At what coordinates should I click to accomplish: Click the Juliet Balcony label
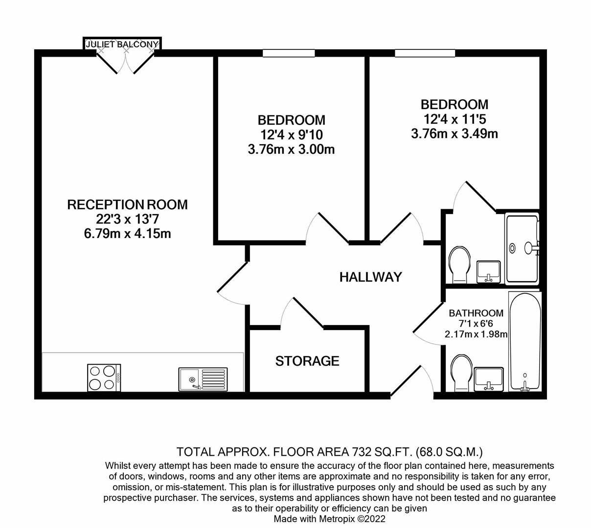pyautogui.click(x=122, y=44)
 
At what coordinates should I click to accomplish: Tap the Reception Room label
pyautogui.click(x=127, y=204)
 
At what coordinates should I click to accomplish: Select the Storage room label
pyautogui.click(x=307, y=361)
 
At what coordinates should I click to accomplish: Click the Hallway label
pyautogui.click(x=370, y=277)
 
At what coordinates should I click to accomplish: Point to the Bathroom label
pyautogui.click(x=476, y=313)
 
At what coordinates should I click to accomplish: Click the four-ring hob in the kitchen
pyautogui.click(x=104, y=377)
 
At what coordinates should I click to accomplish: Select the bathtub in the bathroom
pyautogui.click(x=525, y=342)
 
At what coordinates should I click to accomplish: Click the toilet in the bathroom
pyautogui.click(x=460, y=373)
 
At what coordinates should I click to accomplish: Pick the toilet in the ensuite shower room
pyautogui.click(x=459, y=264)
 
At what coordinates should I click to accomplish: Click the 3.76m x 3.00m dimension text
pyautogui.click(x=291, y=149)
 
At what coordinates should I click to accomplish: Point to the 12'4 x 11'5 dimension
pyautogui.click(x=455, y=119)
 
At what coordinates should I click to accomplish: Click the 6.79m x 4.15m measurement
pyautogui.click(x=127, y=233)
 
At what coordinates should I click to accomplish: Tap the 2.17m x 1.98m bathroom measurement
pyautogui.click(x=476, y=335)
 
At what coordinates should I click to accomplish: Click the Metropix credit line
pyautogui.click(x=329, y=519)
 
